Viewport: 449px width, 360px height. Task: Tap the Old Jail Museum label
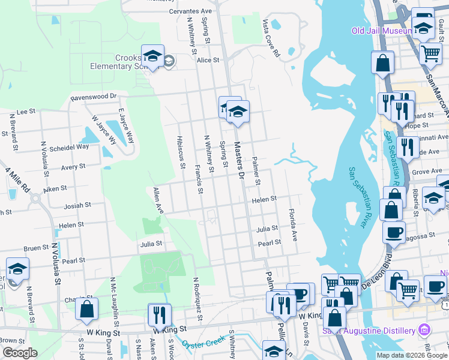[382, 31]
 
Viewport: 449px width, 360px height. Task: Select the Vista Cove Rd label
[271, 37]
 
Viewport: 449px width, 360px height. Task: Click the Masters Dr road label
[240, 160]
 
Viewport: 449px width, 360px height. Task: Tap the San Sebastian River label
[357, 196]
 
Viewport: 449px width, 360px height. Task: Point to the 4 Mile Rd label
[17, 179]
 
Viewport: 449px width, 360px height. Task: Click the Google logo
[20, 353]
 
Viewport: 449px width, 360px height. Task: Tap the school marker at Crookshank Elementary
[152, 56]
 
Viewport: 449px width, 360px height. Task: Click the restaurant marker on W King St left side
[159, 314]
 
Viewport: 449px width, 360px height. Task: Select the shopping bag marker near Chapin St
[87, 309]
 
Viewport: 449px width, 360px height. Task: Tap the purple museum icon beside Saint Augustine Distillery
[424, 330]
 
